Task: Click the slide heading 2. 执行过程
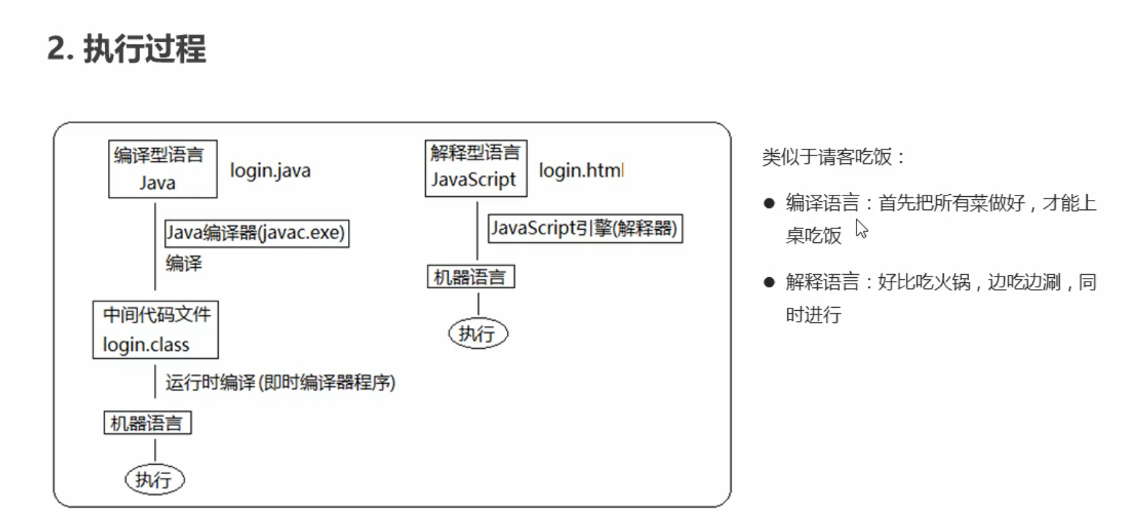pyautogui.click(x=126, y=50)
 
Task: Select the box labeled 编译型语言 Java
pyautogui.click(x=162, y=169)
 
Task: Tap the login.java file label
pyautogui.click(x=270, y=171)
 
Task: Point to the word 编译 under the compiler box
pyautogui.click(x=184, y=263)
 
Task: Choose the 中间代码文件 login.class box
pyautogui.click(x=155, y=330)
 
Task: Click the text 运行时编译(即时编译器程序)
pyautogui.click(x=280, y=382)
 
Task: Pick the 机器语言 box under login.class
pyautogui.click(x=147, y=422)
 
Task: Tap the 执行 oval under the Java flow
pyautogui.click(x=155, y=479)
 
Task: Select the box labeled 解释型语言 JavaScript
pyautogui.click(x=476, y=169)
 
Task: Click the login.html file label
pyautogui.click(x=581, y=171)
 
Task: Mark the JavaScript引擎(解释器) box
pyautogui.click(x=585, y=228)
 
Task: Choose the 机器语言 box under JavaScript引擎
pyautogui.click(x=471, y=277)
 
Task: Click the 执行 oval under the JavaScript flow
pyautogui.click(x=477, y=333)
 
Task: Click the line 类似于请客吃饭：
pyautogui.click(x=833, y=157)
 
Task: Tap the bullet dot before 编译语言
pyautogui.click(x=769, y=204)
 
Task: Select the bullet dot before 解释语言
pyautogui.click(x=769, y=282)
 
